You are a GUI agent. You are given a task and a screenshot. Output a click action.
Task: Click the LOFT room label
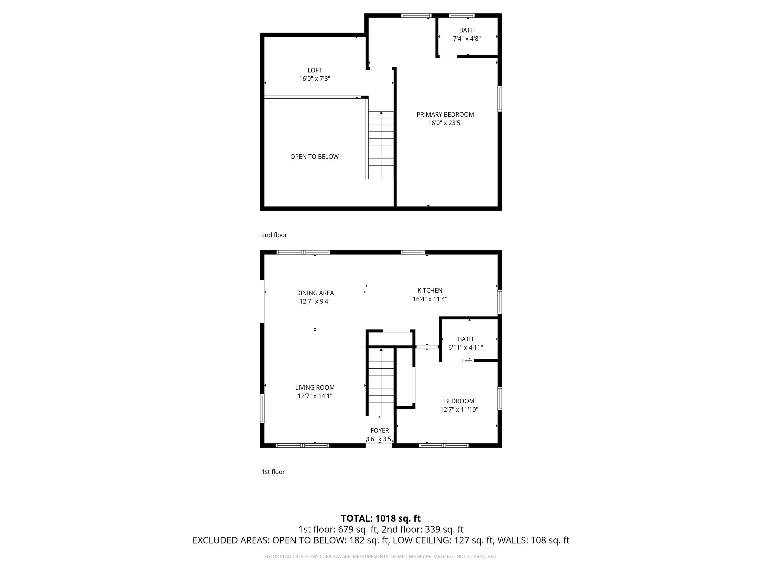click(314, 70)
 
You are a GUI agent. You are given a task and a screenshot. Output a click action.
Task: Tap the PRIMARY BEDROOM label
click(445, 114)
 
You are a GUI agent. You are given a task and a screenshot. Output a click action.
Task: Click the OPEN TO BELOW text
click(314, 157)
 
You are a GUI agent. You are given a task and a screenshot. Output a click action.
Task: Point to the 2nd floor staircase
click(381, 145)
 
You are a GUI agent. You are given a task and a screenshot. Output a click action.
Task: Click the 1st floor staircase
click(381, 383)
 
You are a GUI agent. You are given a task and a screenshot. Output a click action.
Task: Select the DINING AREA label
click(315, 293)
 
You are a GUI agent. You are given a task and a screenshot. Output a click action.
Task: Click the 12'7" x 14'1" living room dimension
click(315, 396)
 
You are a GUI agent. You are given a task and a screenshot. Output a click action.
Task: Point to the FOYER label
click(380, 430)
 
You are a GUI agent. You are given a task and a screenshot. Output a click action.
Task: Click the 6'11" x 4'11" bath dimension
click(465, 348)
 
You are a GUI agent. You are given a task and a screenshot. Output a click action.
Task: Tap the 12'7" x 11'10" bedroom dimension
click(459, 410)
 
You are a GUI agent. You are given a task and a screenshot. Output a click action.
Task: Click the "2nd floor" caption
click(274, 235)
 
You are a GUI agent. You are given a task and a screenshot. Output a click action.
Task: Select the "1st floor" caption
click(273, 472)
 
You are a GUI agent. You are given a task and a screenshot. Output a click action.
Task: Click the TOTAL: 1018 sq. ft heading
click(381, 518)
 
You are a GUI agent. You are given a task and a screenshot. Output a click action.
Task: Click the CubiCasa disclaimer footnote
click(381, 556)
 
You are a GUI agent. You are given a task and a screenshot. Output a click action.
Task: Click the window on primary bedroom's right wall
click(500, 99)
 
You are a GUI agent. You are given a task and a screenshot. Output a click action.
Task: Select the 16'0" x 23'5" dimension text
click(445, 123)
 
